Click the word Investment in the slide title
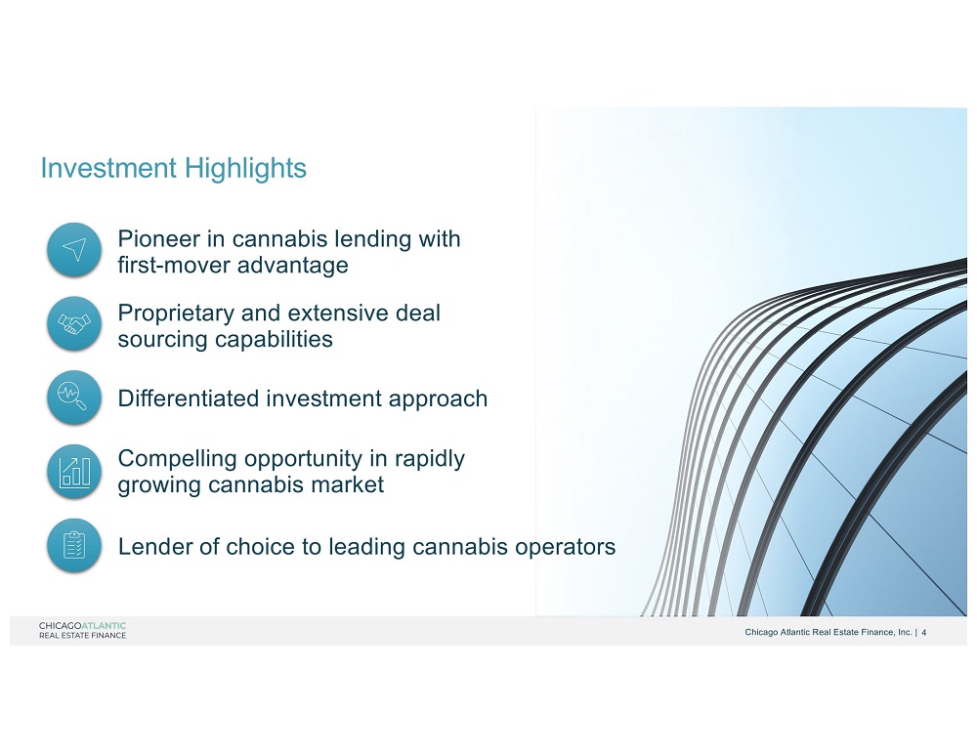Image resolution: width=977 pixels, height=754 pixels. click(108, 168)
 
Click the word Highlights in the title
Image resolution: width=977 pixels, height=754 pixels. click(245, 168)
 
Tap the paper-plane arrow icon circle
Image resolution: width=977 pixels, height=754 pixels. click(74, 250)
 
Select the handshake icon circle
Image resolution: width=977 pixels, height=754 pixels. click(74, 324)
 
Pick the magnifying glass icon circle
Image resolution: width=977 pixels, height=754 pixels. click(74, 398)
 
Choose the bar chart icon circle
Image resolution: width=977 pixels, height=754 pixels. click(74, 472)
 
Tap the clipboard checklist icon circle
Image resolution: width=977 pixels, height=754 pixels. click(74, 545)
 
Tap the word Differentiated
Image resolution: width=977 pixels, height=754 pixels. click(189, 398)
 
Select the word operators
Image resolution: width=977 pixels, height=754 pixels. click(565, 547)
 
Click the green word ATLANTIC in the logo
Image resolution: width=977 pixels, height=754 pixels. click(105, 626)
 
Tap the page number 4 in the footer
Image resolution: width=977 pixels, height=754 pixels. click(924, 633)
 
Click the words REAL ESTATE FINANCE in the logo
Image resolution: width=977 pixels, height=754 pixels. click(82, 636)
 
